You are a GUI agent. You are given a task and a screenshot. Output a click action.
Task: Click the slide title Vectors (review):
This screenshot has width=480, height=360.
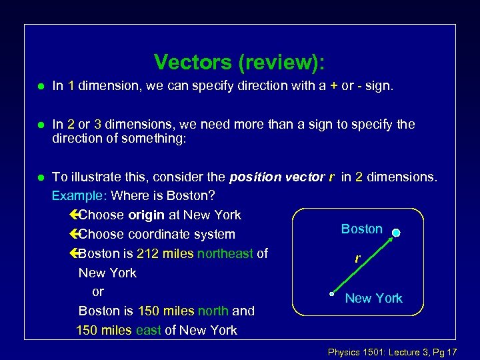[x=240, y=62]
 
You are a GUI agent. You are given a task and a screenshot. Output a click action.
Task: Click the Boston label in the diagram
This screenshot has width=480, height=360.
[x=361, y=229]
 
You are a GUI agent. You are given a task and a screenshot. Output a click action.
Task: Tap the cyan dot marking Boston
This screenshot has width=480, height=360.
[x=396, y=233]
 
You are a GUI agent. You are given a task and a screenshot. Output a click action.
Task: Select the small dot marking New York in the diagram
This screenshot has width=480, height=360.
[x=332, y=293]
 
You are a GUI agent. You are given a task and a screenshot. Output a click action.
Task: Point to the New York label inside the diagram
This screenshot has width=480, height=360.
[x=373, y=298]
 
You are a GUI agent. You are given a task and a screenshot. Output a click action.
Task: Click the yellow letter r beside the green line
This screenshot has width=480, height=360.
[x=358, y=259]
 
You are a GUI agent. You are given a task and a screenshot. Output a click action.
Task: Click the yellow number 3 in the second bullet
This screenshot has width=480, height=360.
[x=98, y=124]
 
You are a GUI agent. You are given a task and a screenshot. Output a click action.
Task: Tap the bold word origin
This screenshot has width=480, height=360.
[x=147, y=215]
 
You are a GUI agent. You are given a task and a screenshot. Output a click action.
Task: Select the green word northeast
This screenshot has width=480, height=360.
[x=225, y=253]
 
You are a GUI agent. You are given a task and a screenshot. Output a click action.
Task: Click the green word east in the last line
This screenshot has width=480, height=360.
[x=149, y=330]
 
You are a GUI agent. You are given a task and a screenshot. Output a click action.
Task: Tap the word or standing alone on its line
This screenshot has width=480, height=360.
[x=98, y=291]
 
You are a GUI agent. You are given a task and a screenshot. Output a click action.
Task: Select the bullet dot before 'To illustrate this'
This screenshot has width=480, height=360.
[x=41, y=177]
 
